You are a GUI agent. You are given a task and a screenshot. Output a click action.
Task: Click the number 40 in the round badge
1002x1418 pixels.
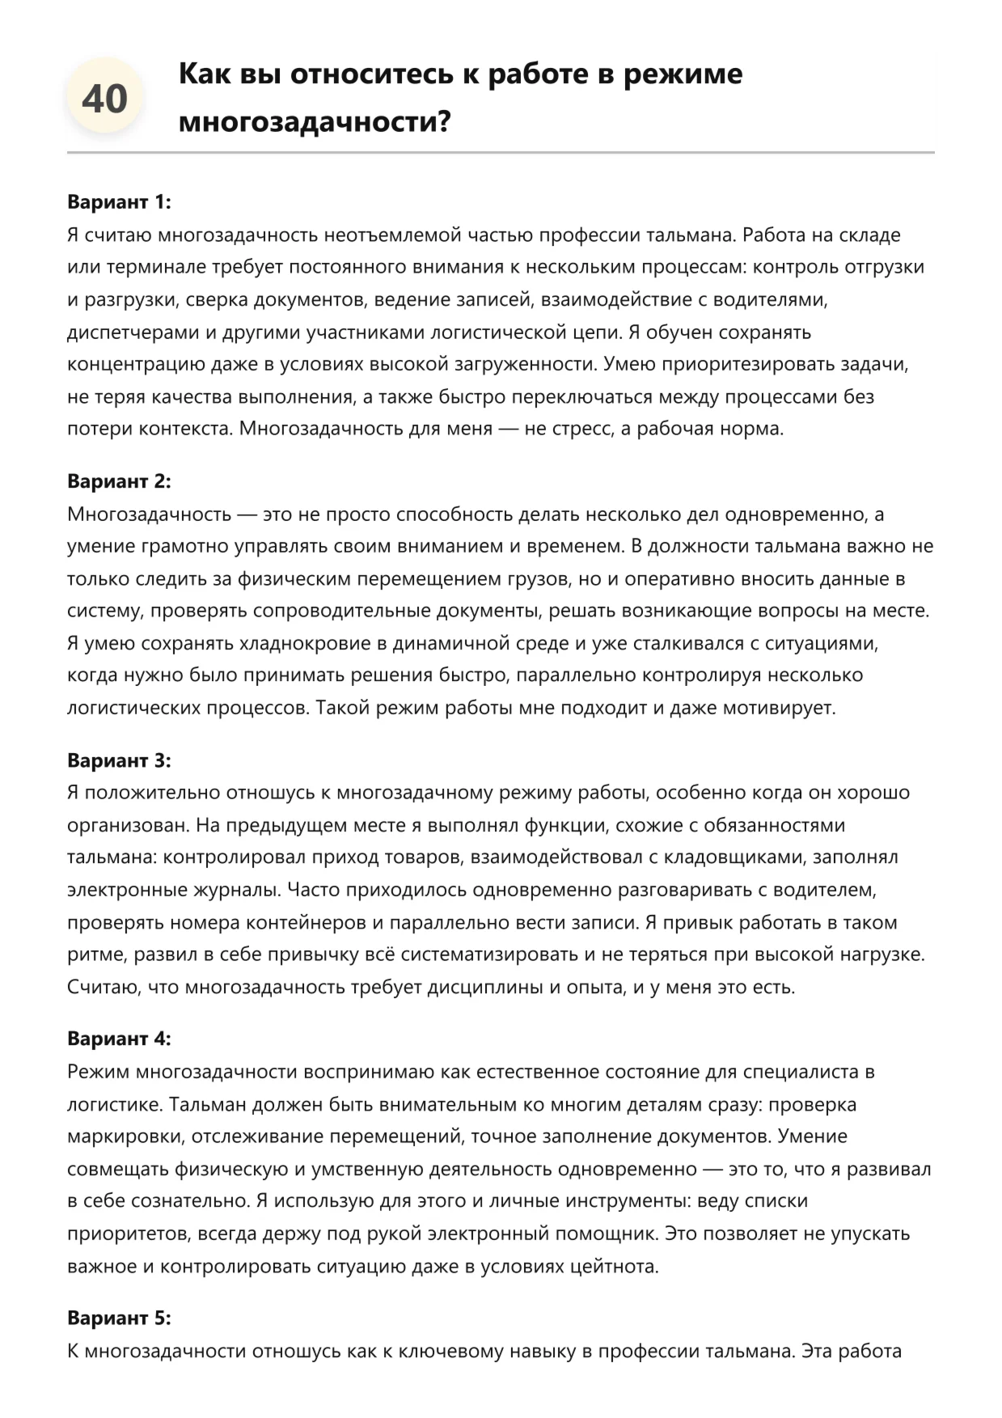coord(104,99)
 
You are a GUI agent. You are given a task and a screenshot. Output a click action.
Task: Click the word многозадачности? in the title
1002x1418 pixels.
coord(314,122)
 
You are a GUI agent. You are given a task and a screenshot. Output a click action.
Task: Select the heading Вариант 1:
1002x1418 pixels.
coord(119,201)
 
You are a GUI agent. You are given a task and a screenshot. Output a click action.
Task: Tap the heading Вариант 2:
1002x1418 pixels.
coord(119,481)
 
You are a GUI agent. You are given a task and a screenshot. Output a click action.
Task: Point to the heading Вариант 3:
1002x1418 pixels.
coord(119,760)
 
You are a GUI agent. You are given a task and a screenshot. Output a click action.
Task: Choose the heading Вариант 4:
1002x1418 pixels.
coord(119,1039)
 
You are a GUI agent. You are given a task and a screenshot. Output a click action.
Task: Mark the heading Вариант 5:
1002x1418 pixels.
coord(119,1318)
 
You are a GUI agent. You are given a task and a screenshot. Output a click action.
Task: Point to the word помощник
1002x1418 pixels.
coord(614,1234)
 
